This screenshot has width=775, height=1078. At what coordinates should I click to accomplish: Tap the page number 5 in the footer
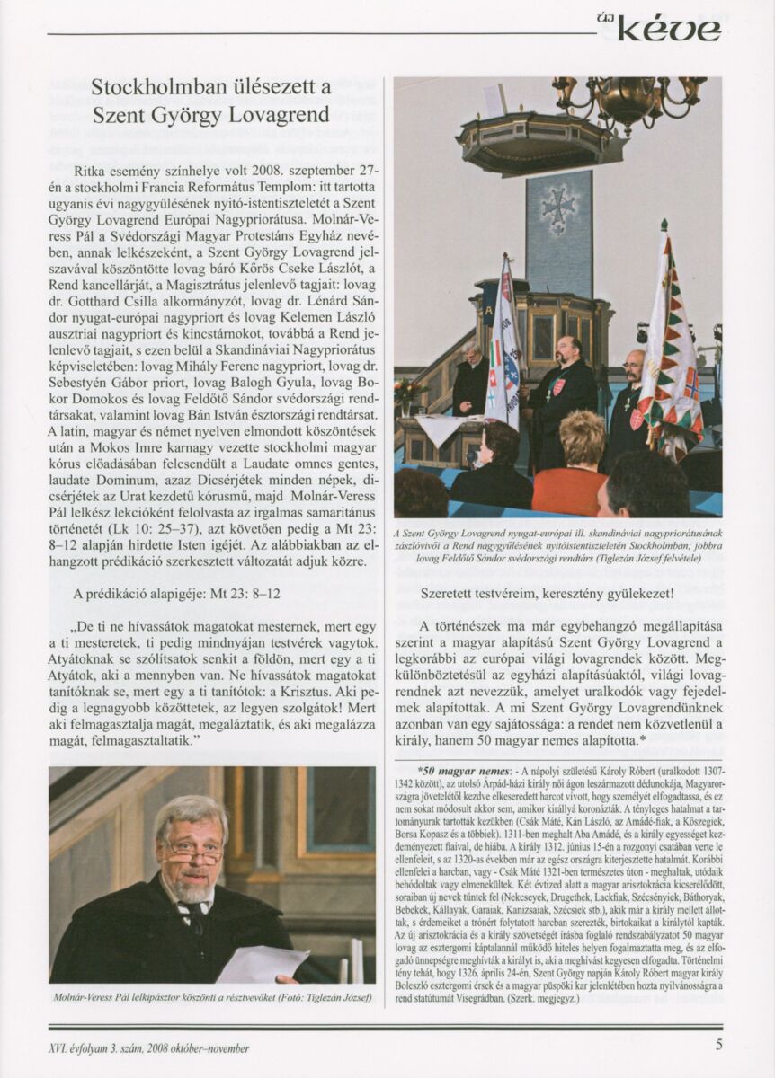pyautogui.click(x=718, y=1044)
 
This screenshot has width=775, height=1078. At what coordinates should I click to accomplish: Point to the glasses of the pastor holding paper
pyautogui.click(x=191, y=849)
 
